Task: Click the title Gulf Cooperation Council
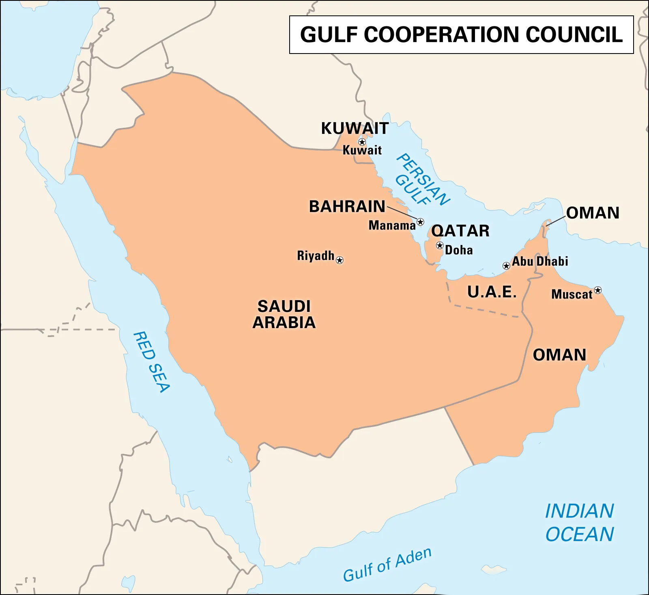(461, 34)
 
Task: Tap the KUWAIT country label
(355, 128)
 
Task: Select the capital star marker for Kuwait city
(362, 142)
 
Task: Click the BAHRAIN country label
(347, 206)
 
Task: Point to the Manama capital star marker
(421, 222)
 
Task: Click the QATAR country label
(460, 231)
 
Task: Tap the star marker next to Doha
(440, 245)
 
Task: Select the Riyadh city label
(316, 256)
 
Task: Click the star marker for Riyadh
(340, 260)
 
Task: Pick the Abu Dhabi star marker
(506, 266)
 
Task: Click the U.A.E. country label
(492, 292)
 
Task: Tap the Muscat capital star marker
(598, 290)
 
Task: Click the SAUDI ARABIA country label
(284, 314)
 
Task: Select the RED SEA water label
(151, 362)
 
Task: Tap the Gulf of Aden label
(387, 565)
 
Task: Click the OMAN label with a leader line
(593, 213)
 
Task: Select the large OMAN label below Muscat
(559, 355)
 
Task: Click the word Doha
(459, 250)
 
